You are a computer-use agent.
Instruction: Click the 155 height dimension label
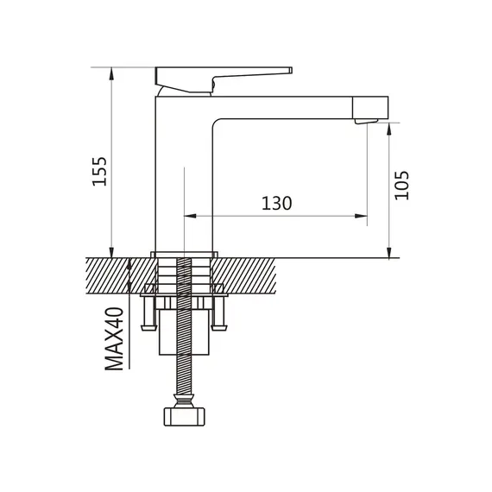tap(99, 171)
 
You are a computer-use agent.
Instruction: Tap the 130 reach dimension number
tap(277, 203)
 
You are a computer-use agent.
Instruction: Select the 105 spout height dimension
tap(401, 186)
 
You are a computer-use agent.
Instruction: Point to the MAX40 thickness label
tap(114, 339)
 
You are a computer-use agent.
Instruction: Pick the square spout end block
tap(370, 108)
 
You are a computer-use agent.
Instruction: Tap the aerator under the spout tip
tap(367, 122)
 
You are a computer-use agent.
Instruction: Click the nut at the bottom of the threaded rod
tap(184, 416)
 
